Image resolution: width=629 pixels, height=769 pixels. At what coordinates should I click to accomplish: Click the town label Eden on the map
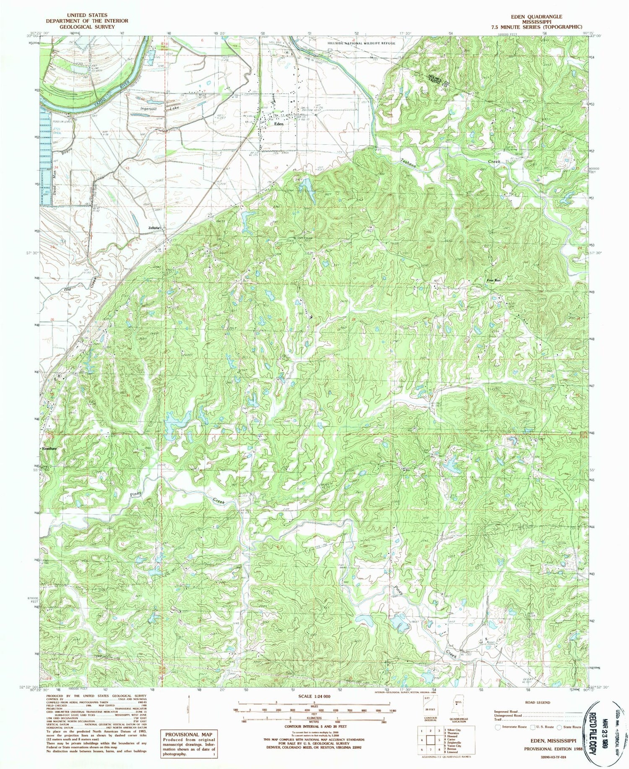[x=279, y=124]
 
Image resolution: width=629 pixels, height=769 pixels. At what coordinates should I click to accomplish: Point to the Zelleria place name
[x=155, y=227]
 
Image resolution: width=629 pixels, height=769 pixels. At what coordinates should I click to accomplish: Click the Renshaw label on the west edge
[x=49, y=449]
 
